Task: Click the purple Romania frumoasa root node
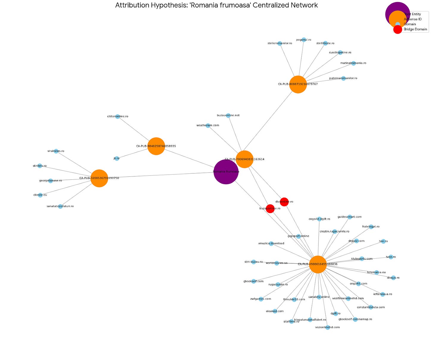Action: tap(226, 172)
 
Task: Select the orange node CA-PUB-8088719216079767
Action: tap(298, 84)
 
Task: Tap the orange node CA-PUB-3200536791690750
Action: tap(99, 178)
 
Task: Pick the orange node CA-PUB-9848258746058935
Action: tap(156, 146)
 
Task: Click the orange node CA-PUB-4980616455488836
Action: tap(318, 264)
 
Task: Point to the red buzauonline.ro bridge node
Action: tap(270, 209)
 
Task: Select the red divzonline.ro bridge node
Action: tap(284, 202)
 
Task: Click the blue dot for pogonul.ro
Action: tap(304, 40)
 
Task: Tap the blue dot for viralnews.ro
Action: tap(56, 151)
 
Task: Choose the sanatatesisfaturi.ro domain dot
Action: tap(60, 206)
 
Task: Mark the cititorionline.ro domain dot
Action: tap(117, 116)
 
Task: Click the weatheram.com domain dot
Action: tap(208, 126)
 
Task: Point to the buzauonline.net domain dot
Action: tap(228, 115)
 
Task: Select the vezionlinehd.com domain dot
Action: tap(327, 328)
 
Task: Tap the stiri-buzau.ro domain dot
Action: tap(253, 262)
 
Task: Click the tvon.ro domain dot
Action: tap(391, 257)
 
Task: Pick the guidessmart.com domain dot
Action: tap(350, 217)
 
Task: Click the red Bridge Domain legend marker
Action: tap(398, 29)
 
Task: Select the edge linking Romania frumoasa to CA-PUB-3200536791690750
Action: tap(161, 175)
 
